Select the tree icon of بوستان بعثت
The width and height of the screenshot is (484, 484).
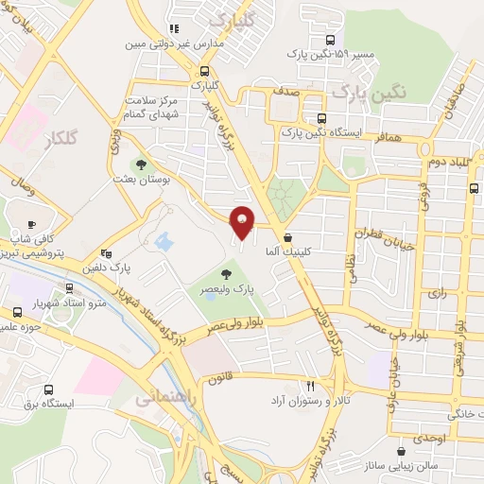(x=141, y=164)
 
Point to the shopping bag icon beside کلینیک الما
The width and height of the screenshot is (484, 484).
(x=287, y=237)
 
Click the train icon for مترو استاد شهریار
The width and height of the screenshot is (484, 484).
(x=68, y=287)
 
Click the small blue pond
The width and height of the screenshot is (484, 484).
(x=164, y=241)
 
